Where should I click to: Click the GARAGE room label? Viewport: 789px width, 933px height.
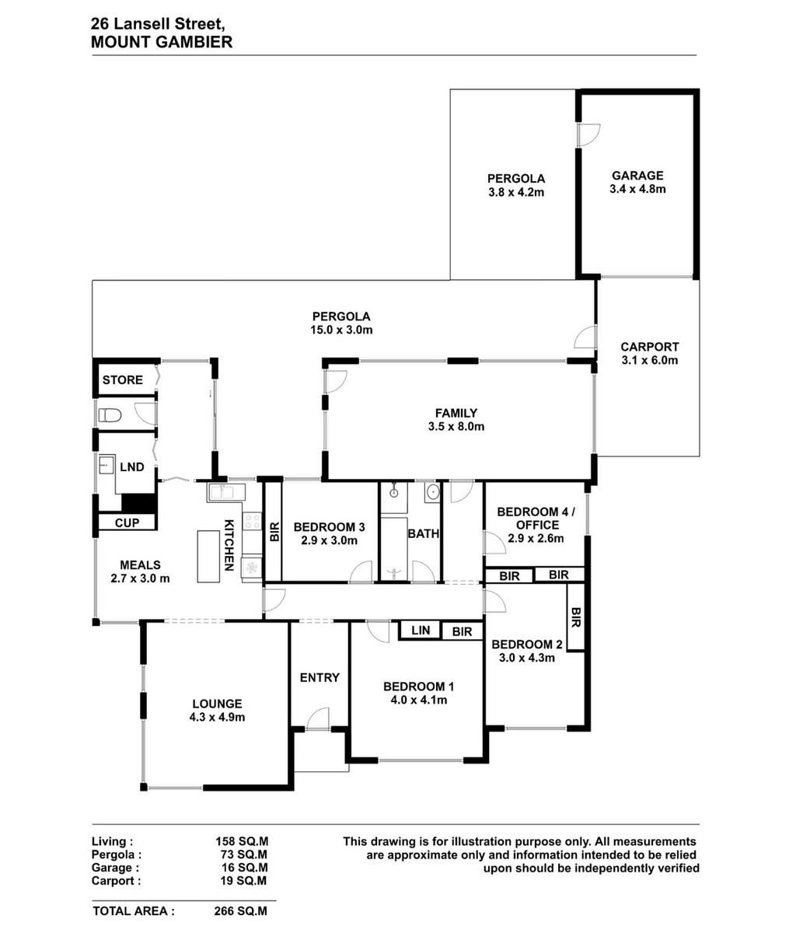[x=637, y=175]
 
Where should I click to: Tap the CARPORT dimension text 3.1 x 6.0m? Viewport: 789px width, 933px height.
[x=650, y=360]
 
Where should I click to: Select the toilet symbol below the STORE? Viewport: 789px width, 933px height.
[x=110, y=415]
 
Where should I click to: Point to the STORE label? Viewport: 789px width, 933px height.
[x=122, y=380]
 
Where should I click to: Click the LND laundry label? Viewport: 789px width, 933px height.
[x=132, y=467]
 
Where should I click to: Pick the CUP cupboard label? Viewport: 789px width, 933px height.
[x=127, y=522]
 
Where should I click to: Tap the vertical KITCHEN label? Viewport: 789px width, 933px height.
[x=229, y=545]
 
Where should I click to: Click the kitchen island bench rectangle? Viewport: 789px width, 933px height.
[x=208, y=556]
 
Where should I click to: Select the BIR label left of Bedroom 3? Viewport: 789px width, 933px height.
[x=274, y=532]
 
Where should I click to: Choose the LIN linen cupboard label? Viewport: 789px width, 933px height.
[x=421, y=630]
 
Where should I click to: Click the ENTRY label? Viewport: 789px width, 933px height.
[x=319, y=677]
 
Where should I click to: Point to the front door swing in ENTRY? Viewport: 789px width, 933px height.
[x=318, y=719]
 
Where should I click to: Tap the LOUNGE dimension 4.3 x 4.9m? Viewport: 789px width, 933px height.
[x=217, y=717]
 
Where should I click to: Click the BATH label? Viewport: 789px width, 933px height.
[x=424, y=533]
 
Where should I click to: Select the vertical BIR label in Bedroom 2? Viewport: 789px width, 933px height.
[x=576, y=617]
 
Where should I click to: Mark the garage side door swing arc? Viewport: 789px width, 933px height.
[x=589, y=135]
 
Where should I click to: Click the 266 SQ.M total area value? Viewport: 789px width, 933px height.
[x=240, y=911]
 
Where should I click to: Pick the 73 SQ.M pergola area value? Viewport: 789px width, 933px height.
[x=241, y=854]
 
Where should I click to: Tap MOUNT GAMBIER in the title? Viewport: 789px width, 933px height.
[x=162, y=42]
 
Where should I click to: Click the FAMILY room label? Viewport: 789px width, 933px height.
[x=456, y=413]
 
